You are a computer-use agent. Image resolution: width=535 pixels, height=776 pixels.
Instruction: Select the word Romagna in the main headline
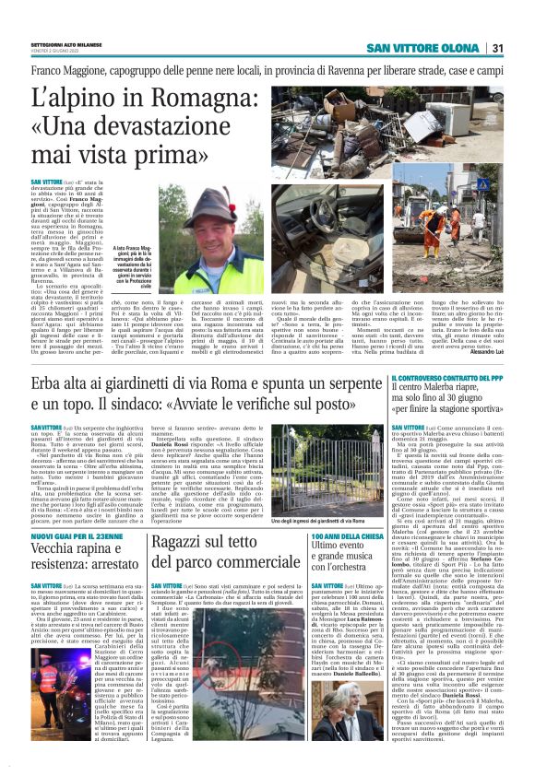pyautogui.click(x=173, y=97)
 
